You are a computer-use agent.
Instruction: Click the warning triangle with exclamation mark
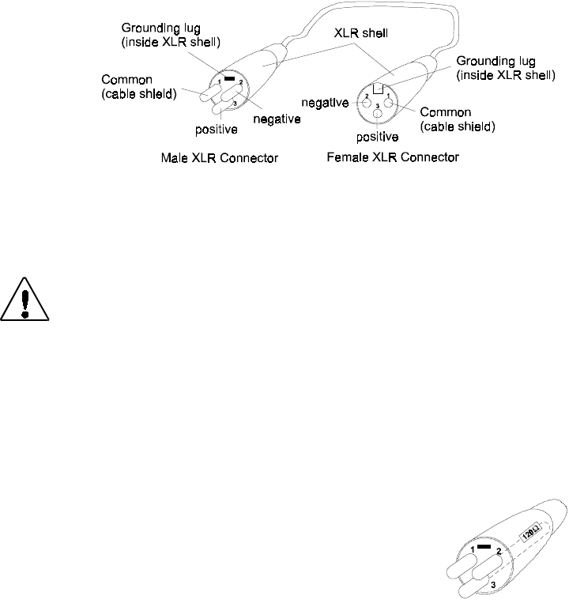click(26, 300)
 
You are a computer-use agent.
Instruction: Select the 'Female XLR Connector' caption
click(392, 157)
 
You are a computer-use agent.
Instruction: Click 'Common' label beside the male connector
click(126, 80)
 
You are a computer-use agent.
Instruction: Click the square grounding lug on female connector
click(379, 89)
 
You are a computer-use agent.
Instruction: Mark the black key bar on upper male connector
click(229, 79)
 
